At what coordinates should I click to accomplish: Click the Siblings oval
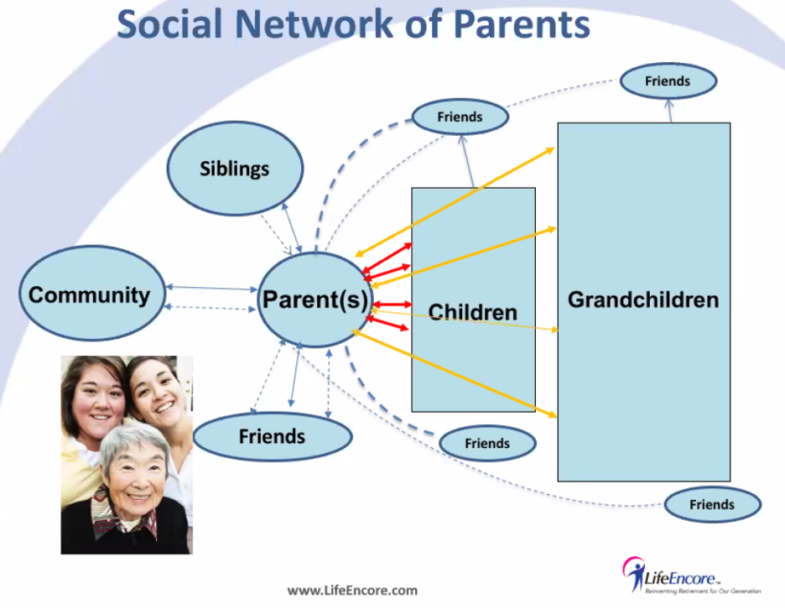235,169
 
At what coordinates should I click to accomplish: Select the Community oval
92,294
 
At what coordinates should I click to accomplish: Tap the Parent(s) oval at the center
315,299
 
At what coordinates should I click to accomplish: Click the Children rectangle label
473,312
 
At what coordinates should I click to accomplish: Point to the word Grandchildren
643,299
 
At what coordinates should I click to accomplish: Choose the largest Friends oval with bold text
273,437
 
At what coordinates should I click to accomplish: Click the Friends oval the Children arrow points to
460,117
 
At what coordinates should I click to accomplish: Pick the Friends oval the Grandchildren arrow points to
668,81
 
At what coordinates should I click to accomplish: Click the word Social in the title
169,24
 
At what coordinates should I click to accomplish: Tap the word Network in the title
315,24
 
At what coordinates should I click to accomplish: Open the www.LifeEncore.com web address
352,591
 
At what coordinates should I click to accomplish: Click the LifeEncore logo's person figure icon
634,574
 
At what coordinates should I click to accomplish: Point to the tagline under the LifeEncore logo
703,591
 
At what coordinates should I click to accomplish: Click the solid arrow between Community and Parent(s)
212,288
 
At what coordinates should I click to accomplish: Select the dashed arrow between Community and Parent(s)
211,308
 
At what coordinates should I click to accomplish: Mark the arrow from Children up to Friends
467,161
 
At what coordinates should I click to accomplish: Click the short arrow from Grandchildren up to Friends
670,111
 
